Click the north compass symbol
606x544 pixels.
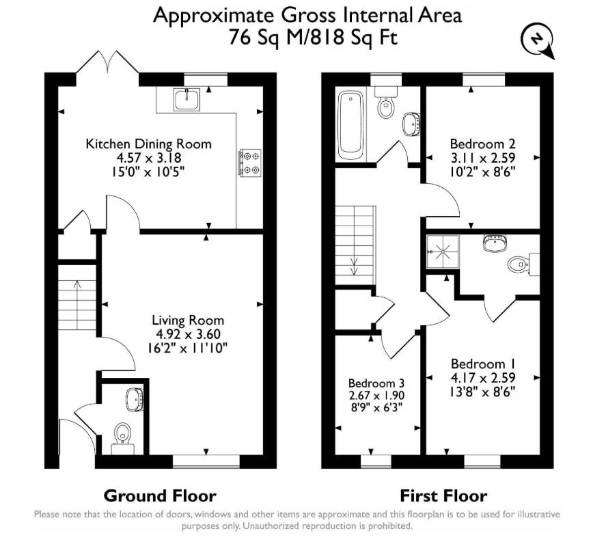coord(538,40)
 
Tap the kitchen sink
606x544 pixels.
coord(187,99)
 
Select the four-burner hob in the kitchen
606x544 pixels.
coord(250,163)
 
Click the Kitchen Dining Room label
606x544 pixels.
coord(148,144)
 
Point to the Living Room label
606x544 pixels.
coord(188,320)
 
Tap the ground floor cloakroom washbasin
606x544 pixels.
coord(135,399)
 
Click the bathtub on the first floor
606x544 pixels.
coord(351,124)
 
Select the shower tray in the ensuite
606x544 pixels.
coord(443,251)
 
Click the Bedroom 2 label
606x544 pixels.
coord(483,144)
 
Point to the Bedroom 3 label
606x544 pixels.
coord(376,383)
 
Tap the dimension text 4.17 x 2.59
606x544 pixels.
coord(483,378)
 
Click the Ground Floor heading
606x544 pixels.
coord(160,495)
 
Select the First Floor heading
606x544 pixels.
coord(443,495)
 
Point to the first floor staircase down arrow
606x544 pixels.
coord(354,266)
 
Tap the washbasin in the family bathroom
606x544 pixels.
coord(411,124)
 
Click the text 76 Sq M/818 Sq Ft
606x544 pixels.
coord(313,38)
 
